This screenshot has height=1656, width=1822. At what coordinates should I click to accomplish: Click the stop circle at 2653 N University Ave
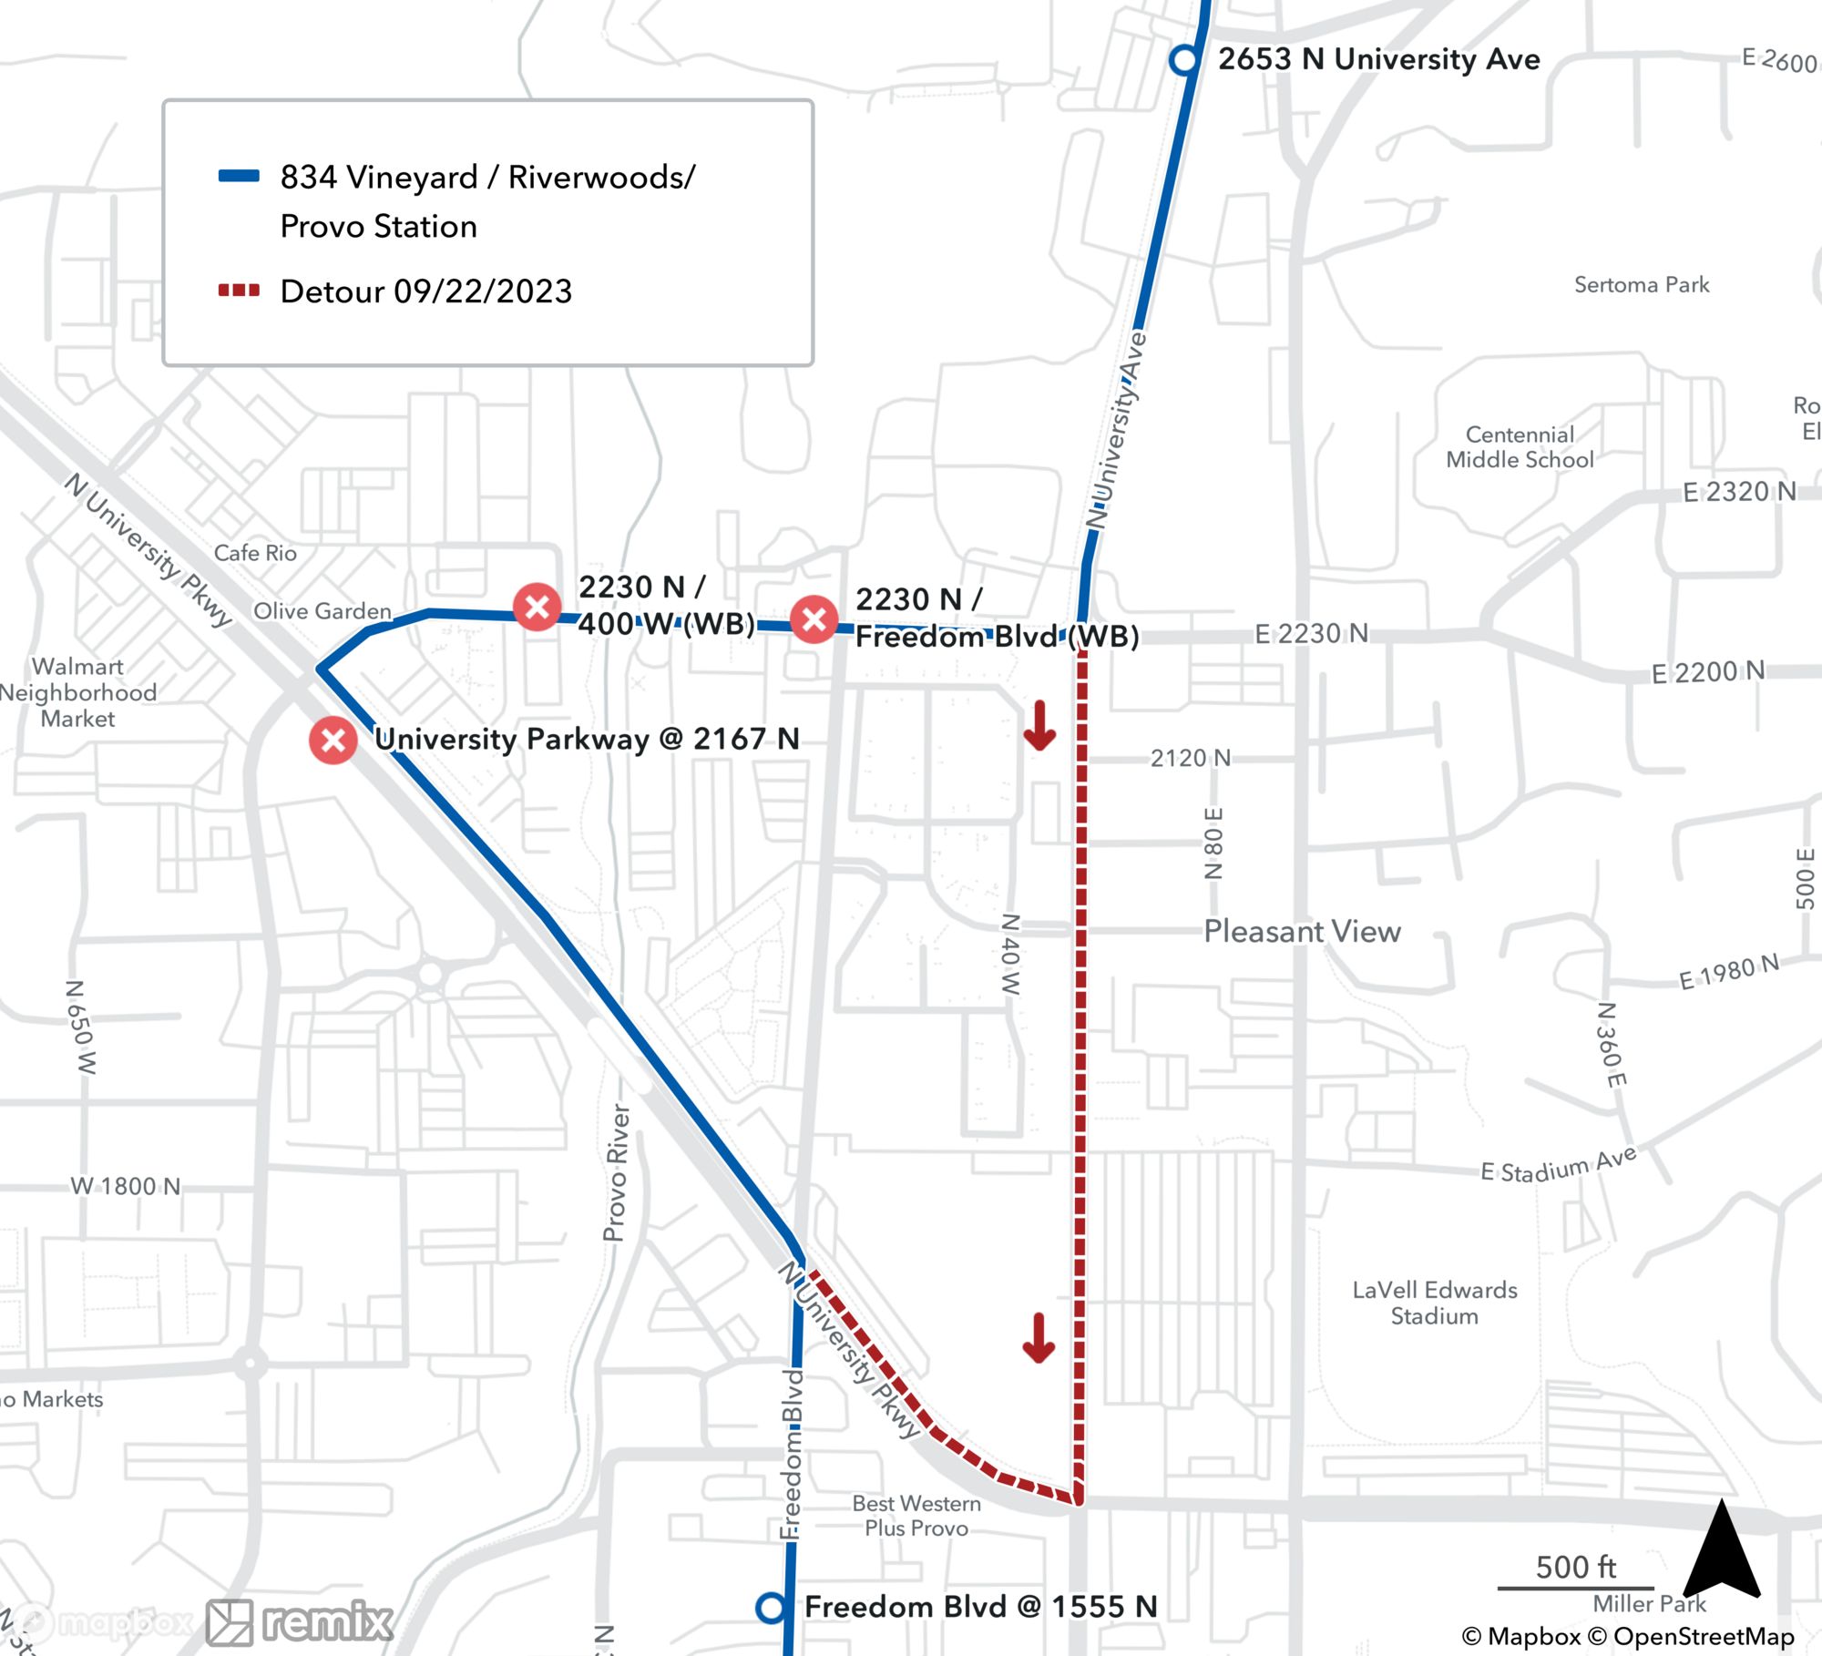[x=1183, y=60]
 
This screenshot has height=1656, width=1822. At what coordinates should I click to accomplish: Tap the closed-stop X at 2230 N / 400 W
[x=537, y=607]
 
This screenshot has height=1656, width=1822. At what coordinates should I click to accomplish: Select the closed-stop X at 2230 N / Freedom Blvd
[x=814, y=619]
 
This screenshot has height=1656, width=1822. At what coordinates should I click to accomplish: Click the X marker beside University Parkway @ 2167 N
[x=333, y=740]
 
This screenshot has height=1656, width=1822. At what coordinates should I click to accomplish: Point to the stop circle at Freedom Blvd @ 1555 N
[x=771, y=1608]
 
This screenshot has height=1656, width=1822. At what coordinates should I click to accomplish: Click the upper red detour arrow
[x=1039, y=726]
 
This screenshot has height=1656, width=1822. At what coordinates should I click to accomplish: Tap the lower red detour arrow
[x=1039, y=1338]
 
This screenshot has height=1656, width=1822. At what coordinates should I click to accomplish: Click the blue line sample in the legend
[x=239, y=177]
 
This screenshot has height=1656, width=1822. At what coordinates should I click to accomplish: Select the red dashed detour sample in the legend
[x=239, y=291]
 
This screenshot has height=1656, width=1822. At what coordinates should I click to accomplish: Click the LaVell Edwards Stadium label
[x=1435, y=1303]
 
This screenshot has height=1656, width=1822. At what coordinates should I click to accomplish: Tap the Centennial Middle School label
[x=1520, y=447]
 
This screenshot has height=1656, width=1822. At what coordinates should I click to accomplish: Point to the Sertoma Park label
[x=1642, y=285]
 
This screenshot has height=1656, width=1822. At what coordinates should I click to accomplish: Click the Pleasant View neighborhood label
[x=1302, y=931]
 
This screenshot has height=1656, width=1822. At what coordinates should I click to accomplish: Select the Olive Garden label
[x=322, y=611]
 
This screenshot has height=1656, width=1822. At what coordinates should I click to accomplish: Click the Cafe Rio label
[x=255, y=553]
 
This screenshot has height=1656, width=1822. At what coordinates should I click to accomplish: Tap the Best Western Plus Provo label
[x=916, y=1516]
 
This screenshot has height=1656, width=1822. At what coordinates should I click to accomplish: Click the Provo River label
[x=617, y=1172]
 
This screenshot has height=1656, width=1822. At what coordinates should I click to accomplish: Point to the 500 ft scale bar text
[x=1575, y=1567]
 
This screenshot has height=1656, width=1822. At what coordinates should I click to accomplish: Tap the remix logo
[x=301, y=1622]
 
